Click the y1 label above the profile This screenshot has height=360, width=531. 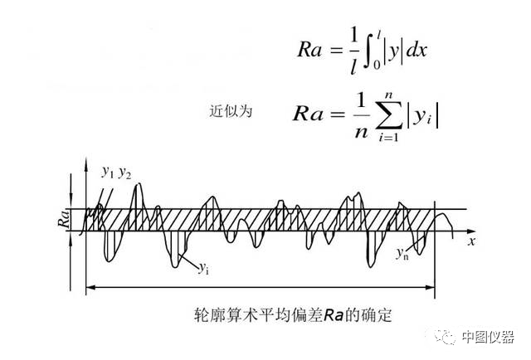coord(108,173)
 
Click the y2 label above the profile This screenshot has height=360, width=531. coord(125,173)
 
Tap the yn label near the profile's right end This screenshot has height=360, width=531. coord(402,252)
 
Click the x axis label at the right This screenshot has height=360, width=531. coord(470,241)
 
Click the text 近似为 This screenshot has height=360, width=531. coord(227,109)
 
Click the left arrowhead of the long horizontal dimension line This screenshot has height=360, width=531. coord(89,288)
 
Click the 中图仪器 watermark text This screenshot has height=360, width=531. coord(489,337)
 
